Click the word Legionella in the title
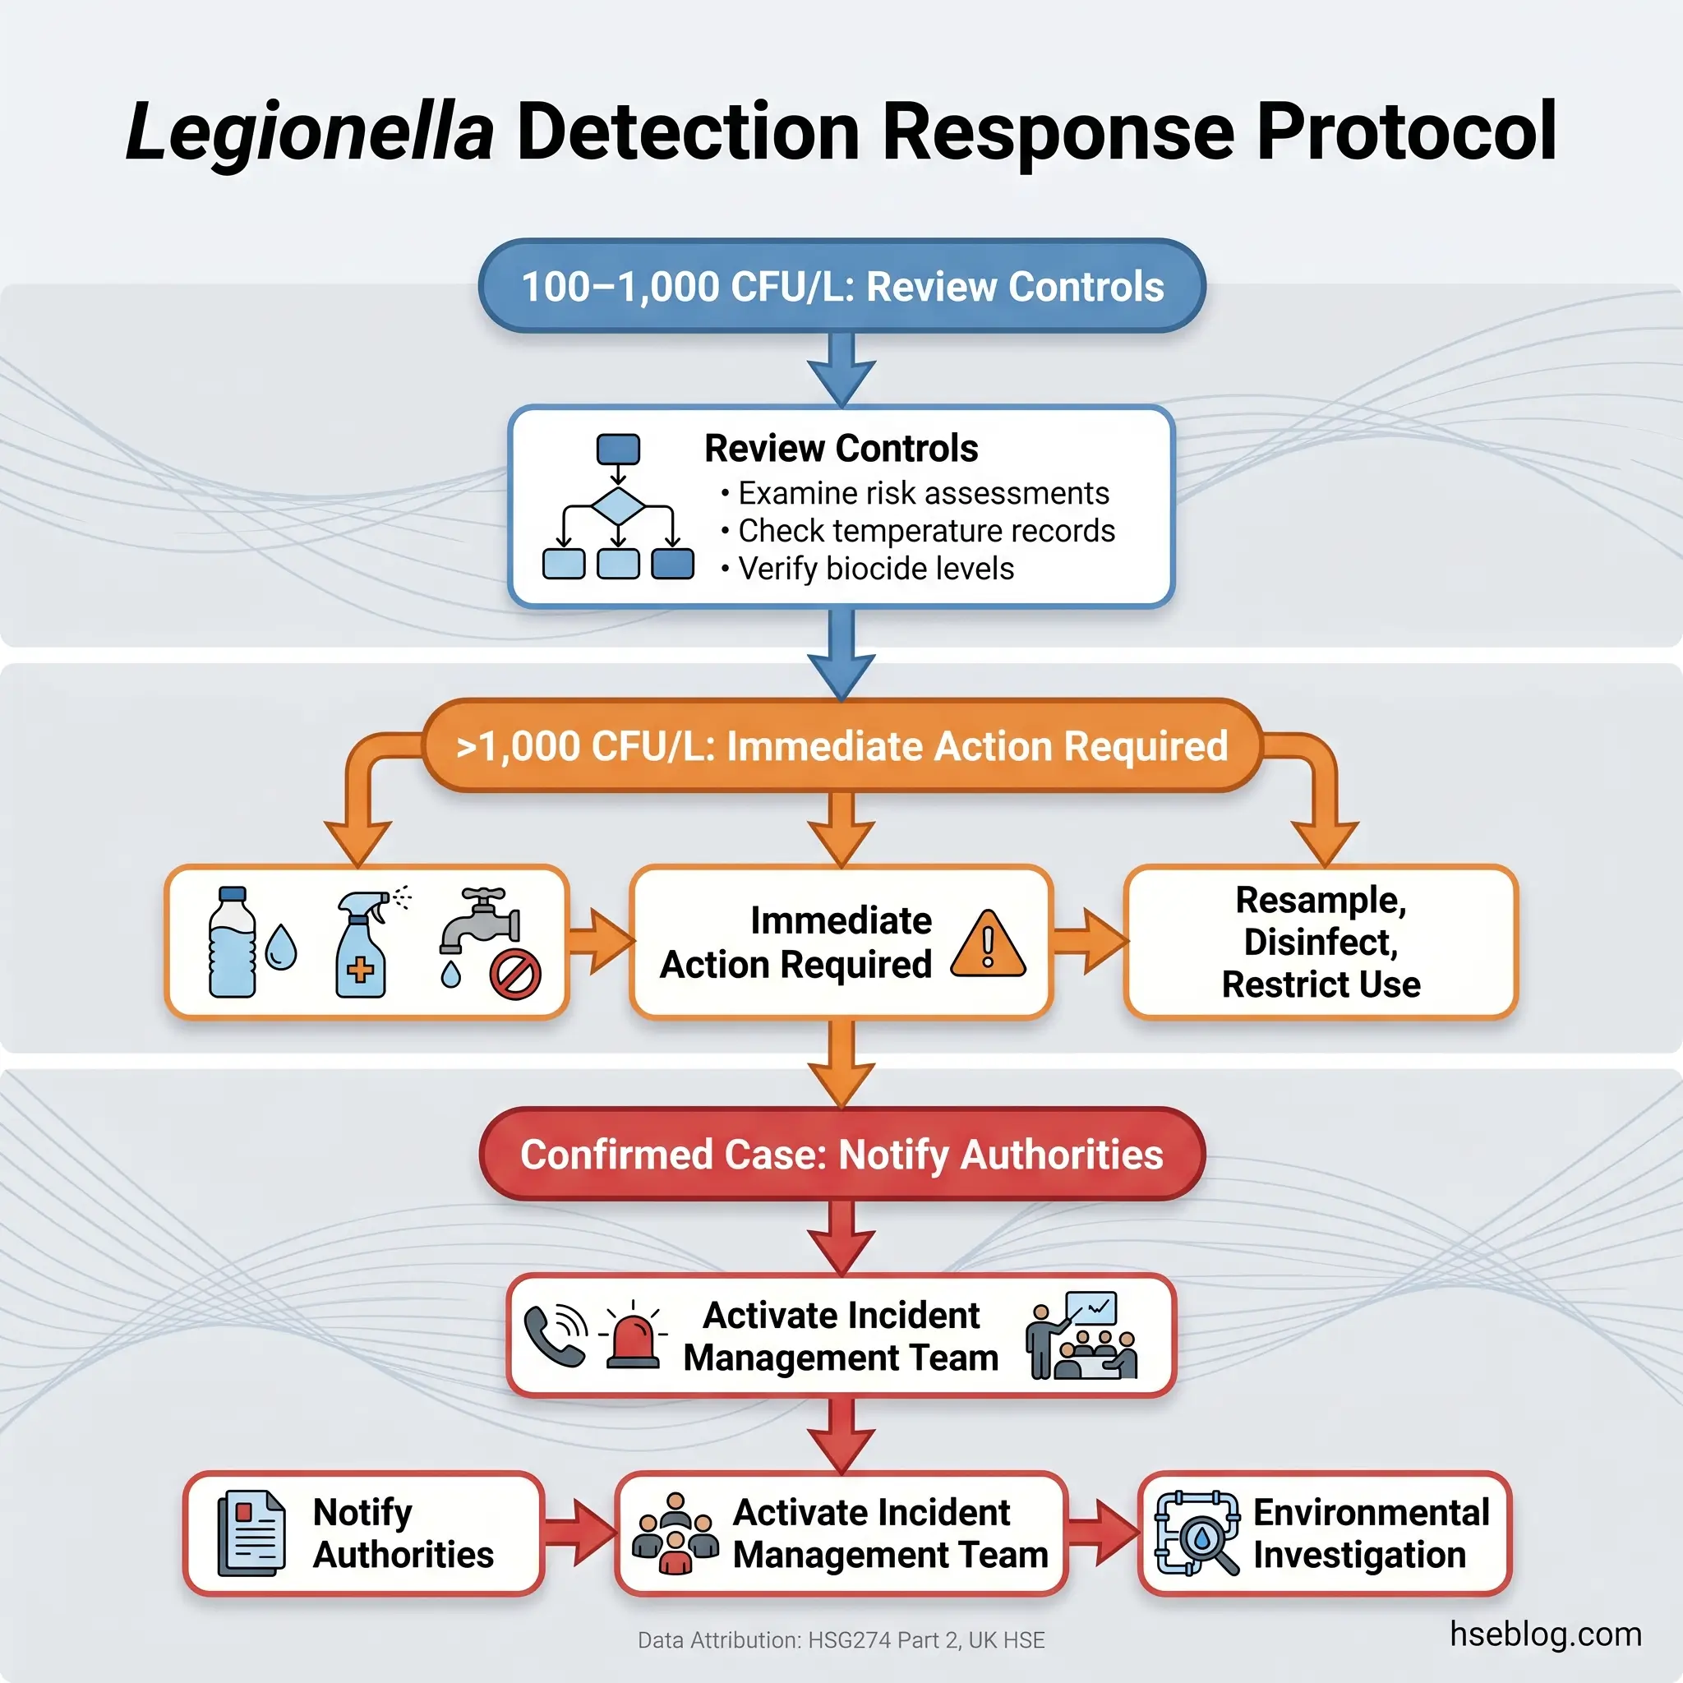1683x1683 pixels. [x=309, y=132]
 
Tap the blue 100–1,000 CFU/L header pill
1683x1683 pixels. [x=841, y=287]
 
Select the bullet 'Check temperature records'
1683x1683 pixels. [x=925, y=531]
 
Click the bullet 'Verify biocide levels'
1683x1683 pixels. [x=875, y=569]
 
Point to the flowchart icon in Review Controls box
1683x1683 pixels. [x=618, y=506]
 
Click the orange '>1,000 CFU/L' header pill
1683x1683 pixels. [x=841, y=746]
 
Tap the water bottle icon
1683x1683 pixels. [x=233, y=942]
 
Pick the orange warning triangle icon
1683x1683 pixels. [x=988, y=945]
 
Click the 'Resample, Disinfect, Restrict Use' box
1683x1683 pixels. [x=1320, y=942]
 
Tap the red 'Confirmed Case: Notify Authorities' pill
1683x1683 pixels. [x=841, y=1155]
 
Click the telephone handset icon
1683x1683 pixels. [x=555, y=1335]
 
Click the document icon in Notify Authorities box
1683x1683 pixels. [x=251, y=1533]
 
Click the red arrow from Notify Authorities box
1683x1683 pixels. [x=579, y=1533]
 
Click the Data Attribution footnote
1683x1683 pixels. [x=841, y=1640]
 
